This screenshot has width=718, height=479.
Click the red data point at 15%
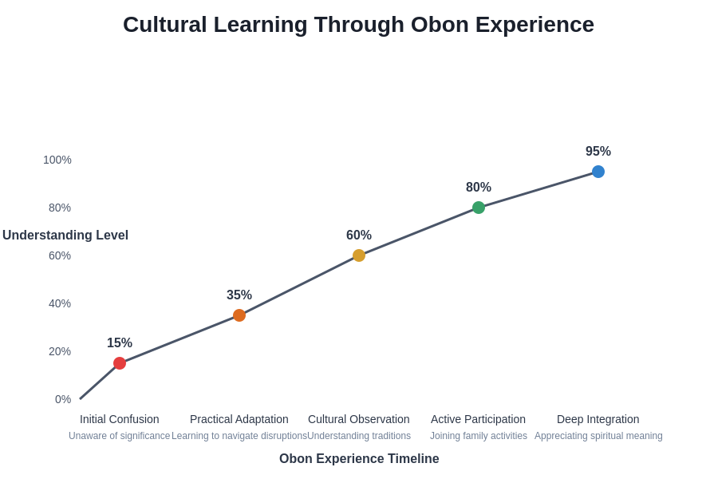point(120,363)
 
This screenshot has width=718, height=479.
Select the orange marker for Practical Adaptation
point(239,315)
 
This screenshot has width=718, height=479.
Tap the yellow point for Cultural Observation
point(359,255)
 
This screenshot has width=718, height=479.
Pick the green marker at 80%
point(479,208)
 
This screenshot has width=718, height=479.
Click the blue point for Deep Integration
point(598,172)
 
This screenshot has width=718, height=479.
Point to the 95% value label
point(598,152)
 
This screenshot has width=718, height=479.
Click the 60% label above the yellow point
point(359,236)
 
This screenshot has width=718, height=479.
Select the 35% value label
point(239,295)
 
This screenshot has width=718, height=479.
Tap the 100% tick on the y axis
point(57,160)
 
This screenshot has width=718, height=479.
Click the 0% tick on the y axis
point(63,399)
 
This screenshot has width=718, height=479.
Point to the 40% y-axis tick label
point(60,303)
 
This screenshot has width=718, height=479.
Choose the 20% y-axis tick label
point(60,351)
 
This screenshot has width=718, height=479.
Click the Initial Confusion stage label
point(120,419)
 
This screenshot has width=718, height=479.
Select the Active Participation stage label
point(479,419)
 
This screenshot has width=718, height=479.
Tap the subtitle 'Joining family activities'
point(479,436)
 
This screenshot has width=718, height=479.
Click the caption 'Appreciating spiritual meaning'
point(598,436)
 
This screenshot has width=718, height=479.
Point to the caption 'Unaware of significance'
point(120,436)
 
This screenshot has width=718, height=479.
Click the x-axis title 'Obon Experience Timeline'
point(359,459)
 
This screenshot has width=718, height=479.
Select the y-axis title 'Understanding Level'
point(65,236)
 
